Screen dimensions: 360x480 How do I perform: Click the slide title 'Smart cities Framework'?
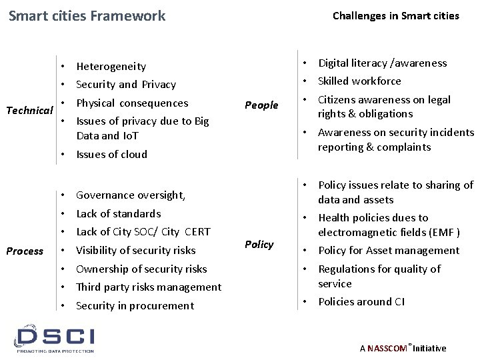click(87, 15)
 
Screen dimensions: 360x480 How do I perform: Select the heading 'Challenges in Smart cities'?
click(395, 15)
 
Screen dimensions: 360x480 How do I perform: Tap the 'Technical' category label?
click(29, 109)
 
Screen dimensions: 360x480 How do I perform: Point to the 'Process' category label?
click(25, 251)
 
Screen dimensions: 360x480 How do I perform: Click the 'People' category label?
click(261, 105)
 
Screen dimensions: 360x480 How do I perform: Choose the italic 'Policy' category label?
click(259, 245)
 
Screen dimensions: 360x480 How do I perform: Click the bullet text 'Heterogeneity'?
click(111, 67)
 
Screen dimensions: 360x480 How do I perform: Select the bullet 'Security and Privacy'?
click(126, 85)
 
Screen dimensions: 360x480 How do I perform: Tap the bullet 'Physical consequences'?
click(132, 103)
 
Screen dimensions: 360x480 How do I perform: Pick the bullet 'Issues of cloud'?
click(111, 154)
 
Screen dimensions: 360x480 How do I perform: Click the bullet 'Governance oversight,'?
click(131, 195)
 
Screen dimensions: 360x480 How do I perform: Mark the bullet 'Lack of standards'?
click(118, 214)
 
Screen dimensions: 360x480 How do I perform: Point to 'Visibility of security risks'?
click(136, 251)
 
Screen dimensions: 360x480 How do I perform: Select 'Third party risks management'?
click(149, 287)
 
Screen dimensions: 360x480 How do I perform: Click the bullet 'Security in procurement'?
click(135, 306)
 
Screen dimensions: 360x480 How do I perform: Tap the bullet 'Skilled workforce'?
click(359, 81)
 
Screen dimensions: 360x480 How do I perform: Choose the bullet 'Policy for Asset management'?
click(388, 251)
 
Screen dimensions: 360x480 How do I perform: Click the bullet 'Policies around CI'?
click(361, 302)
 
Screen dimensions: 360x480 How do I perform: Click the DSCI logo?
click(56, 338)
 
